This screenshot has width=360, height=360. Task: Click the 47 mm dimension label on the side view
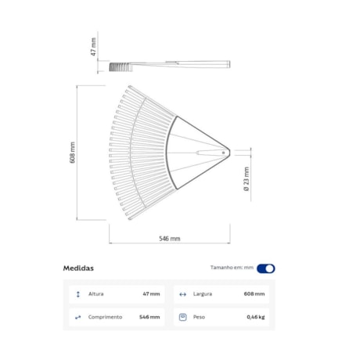point(93,46)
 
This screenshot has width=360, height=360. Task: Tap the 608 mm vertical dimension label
point(73,153)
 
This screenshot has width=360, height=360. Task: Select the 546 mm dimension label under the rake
point(170,239)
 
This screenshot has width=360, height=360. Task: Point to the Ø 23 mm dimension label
point(247,179)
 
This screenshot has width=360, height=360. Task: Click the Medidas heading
point(78,268)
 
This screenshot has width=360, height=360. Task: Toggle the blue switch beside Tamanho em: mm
point(266,268)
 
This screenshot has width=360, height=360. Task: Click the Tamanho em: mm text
point(232,268)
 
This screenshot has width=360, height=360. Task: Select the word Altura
point(96,294)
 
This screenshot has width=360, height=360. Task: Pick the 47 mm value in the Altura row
point(151,294)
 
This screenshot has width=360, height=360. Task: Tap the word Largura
point(203,294)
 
